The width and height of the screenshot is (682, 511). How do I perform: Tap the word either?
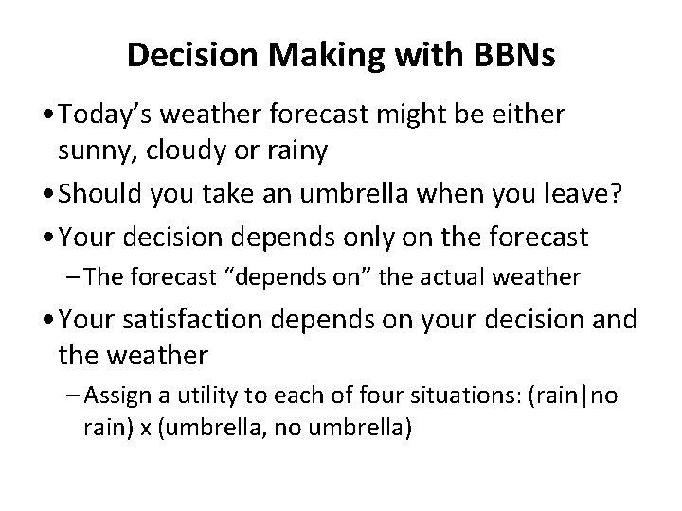532,115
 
